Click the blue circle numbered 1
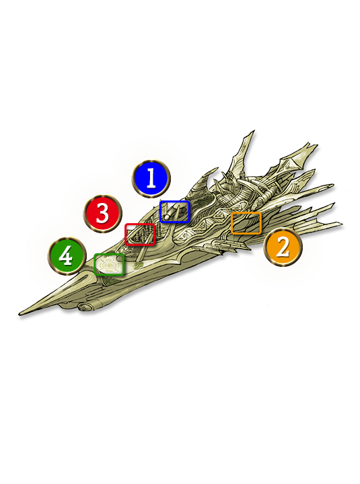point(151,178)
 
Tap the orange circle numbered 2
point(283,247)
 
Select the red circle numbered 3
point(102,213)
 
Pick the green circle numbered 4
point(67,256)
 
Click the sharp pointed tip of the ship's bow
point(19,315)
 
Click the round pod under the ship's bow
point(83,307)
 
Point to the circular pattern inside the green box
point(108,265)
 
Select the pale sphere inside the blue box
point(167,216)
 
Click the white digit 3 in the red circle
point(102,213)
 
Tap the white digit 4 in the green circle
point(66,255)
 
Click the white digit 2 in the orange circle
point(283,247)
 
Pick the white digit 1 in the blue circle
point(151,178)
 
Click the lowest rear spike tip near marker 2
point(341,223)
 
